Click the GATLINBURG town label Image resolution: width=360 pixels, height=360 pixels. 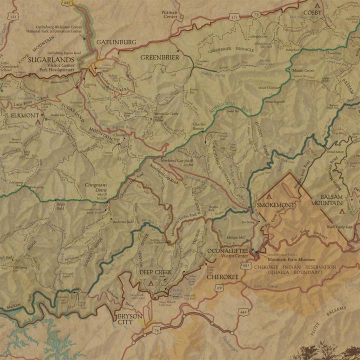[x=115, y=42]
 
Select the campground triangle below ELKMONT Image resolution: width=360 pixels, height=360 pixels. [x=36, y=121]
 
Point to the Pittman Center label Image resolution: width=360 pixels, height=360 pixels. [x=169, y=14]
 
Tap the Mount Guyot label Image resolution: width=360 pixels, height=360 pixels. [x=303, y=70]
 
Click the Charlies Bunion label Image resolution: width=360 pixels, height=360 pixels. [x=199, y=126]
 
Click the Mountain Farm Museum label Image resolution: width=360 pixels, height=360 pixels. [x=290, y=259]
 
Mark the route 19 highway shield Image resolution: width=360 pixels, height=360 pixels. [x=219, y=287]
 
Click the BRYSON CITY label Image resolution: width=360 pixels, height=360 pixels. [x=129, y=319]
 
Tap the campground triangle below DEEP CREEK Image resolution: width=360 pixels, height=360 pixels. [x=151, y=282]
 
